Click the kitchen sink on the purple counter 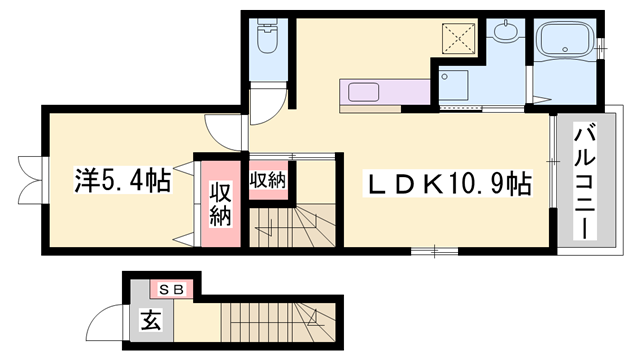[361, 93]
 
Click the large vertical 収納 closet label [220, 203]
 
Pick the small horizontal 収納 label [267, 181]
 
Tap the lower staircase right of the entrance [280, 322]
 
